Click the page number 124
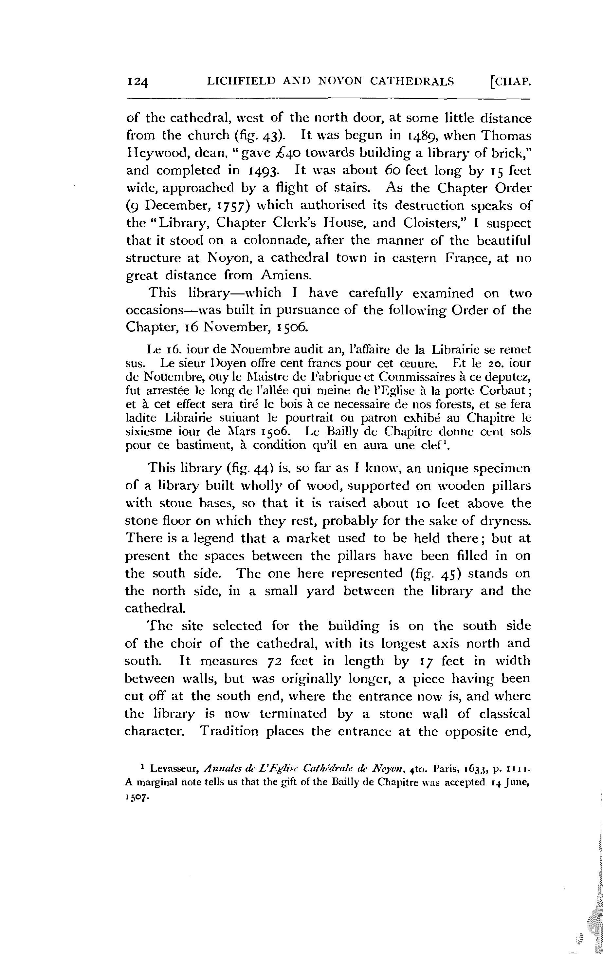(x=137, y=82)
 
